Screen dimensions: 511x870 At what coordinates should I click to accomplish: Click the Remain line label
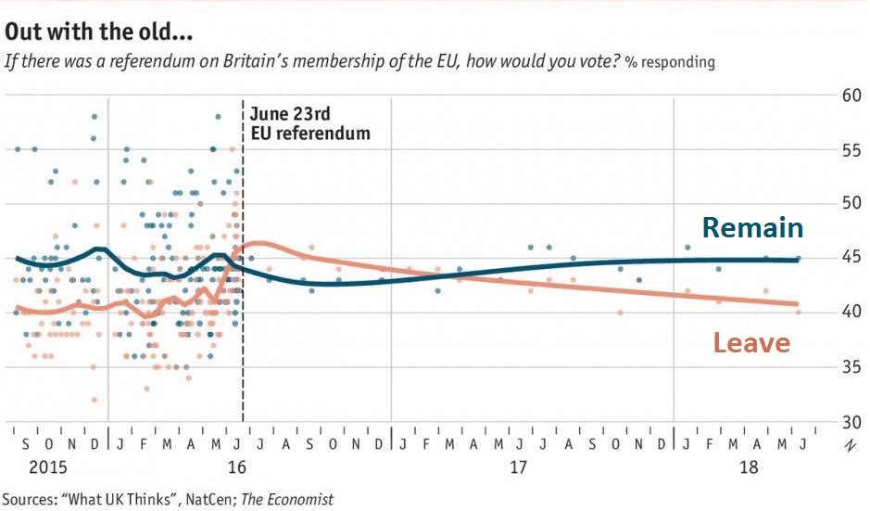pos(751,228)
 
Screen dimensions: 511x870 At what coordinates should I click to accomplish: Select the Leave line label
pos(751,343)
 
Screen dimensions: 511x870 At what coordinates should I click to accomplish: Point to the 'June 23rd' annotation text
pos(290,114)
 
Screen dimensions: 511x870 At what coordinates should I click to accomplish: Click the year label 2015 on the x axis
pos(27,464)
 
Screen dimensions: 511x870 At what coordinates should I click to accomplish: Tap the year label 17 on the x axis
pos(521,464)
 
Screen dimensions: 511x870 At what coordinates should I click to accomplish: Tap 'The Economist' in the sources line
pos(287,499)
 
